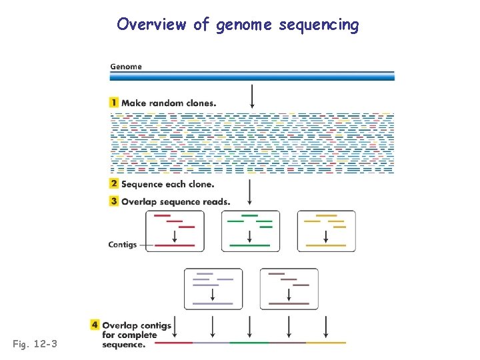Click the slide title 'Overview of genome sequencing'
pos(238,25)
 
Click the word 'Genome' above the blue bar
pos(125,66)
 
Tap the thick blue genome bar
pos(252,76)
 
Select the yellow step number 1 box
pos(115,103)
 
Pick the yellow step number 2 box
pos(115,184)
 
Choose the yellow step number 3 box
pos(115,201)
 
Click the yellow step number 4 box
pos(95,325)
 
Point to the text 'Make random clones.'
pos(168,103)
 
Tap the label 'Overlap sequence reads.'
pos(175,201)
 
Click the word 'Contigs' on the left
pos(123,245)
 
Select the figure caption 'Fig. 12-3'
pos(35,344)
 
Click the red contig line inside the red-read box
pos(175,245)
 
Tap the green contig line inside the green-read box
pos(250,245)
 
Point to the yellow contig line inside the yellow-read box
pos(326,245)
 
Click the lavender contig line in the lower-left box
pos(213,303)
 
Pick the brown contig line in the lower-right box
pos(289,303)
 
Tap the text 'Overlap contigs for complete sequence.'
pos(136,335)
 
